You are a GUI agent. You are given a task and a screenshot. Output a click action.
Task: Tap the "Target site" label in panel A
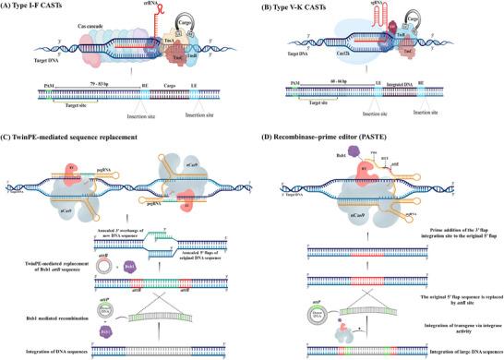click(54, 120)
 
